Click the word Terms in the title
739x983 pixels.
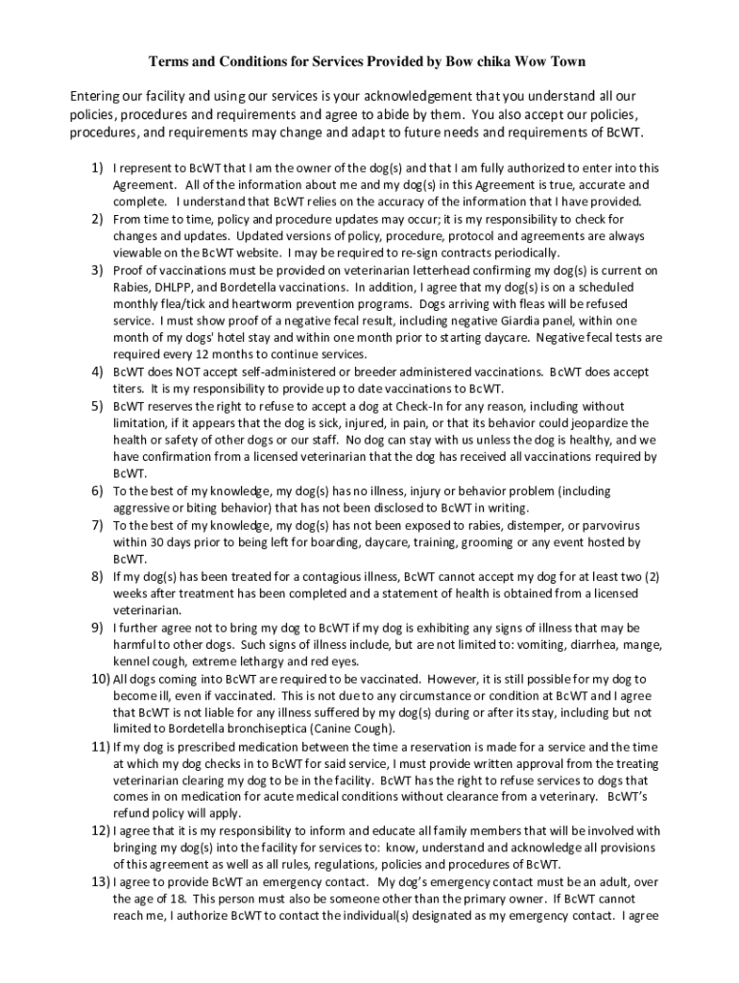[166, 61]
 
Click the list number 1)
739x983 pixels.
[98, 167]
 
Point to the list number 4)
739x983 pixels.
[98, 372]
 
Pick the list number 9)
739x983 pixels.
[98, 627]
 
